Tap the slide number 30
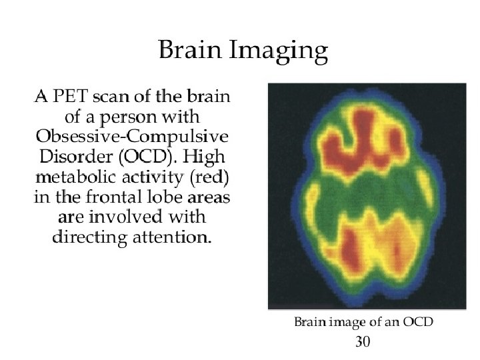(363, 342)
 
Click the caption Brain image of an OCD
(363, 322)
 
